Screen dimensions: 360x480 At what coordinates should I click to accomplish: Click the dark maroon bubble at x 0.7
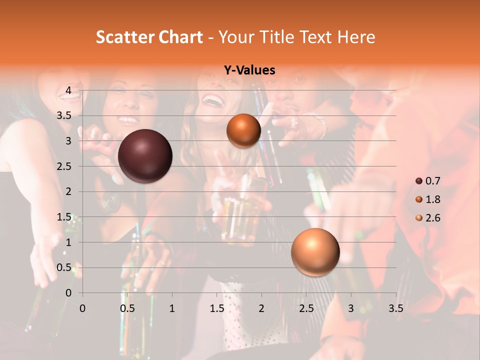(x=145, y=156)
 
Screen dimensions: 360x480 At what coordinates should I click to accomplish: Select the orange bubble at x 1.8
(x=243, y=130)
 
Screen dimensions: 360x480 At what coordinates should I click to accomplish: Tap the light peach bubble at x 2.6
(x=315, y=252)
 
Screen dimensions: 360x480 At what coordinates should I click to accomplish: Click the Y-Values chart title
(x=249, y=70)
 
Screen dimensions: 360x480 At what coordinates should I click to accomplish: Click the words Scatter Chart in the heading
(x=149, y=37)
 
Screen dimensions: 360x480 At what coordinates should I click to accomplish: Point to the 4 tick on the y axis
(x=69, y=90)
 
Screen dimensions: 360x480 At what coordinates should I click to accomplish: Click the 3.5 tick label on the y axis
(x=65, y=115)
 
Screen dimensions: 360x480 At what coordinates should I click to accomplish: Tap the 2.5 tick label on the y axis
(x=65, y=166)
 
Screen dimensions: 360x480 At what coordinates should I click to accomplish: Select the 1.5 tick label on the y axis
(x=65, y=217)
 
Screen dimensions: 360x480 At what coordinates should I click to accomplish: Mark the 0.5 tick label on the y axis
(x=65, y=267)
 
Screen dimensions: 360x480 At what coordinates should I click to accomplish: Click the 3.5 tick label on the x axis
(x=395, y=308)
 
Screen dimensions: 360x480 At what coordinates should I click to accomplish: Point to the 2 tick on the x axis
(x=261, y=308)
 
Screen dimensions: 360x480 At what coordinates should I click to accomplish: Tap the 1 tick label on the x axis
(x=172, y=308)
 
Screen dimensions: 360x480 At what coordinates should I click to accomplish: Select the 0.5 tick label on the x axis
(x=127, y=308)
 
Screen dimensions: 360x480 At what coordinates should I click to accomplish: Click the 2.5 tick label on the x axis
(x=306, y=308)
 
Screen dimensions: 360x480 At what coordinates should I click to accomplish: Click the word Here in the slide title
(x=356, y=37)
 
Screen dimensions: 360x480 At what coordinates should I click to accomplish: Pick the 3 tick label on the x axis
(x=351, y=308)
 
